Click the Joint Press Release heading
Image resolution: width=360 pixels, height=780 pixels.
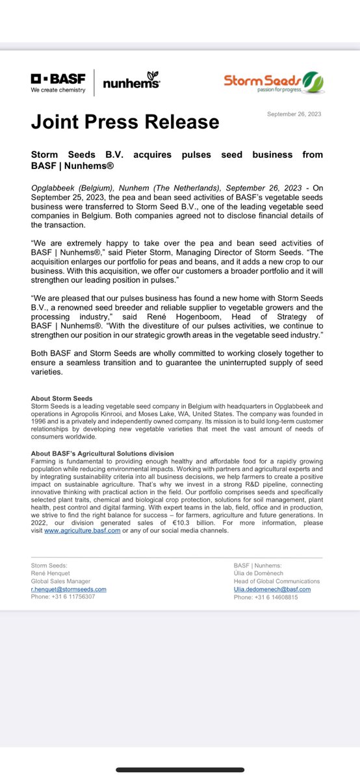point(125,122)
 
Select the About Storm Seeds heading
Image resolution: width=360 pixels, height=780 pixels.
point(62,398)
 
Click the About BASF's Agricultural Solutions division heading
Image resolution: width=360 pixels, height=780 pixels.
point(102,453)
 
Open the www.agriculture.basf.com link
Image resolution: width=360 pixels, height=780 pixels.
point(82,530)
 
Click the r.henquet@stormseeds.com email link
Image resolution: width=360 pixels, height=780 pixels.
point(68,589)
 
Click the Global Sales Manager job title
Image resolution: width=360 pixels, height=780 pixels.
point(61,581)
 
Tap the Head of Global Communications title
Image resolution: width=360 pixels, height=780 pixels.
point(277,581)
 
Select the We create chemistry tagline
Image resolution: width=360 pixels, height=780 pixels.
point(58,90)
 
